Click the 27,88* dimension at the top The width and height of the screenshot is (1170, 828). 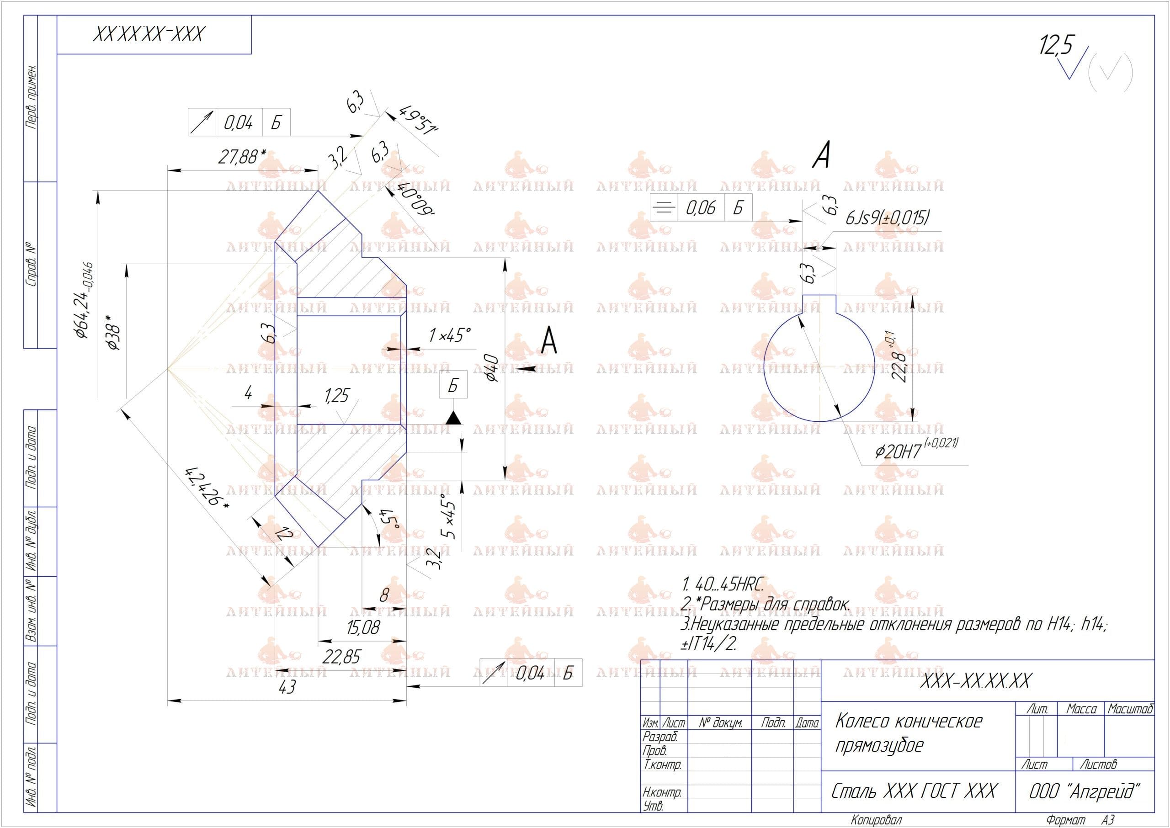coord(242,157)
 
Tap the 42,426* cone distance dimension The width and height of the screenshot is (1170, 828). coord(207,487)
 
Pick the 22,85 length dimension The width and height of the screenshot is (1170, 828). coord(341,657)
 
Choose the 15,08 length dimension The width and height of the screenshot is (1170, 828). coord(363,627)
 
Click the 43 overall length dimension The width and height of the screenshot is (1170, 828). coord(287,687)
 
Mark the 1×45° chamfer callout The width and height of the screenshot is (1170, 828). coord(449,335)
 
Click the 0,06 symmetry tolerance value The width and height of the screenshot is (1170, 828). coord(701,207)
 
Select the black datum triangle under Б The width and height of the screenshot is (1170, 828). coord(453,418)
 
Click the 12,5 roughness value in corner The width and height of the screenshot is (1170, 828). coord(1056,45)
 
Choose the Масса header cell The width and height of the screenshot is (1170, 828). coord(1081,709)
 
